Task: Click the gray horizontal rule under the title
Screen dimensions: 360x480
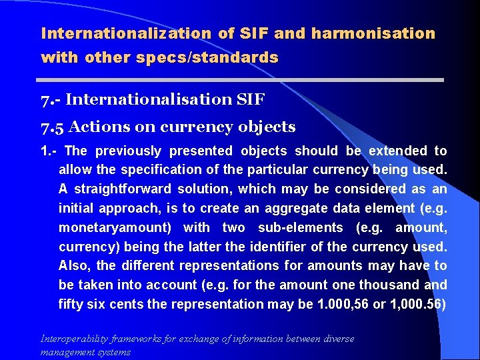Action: point(242,79)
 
